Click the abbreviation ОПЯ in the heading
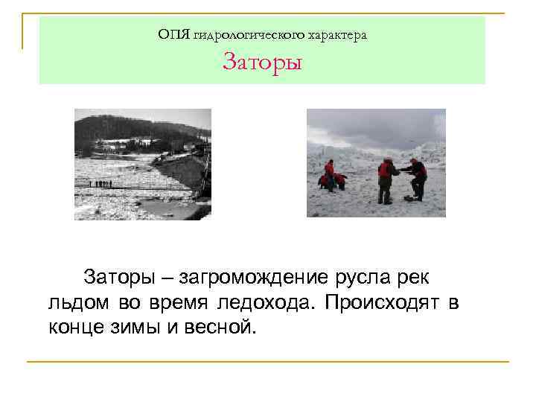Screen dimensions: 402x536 [173, 34]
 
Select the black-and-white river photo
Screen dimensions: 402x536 [143, 164]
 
